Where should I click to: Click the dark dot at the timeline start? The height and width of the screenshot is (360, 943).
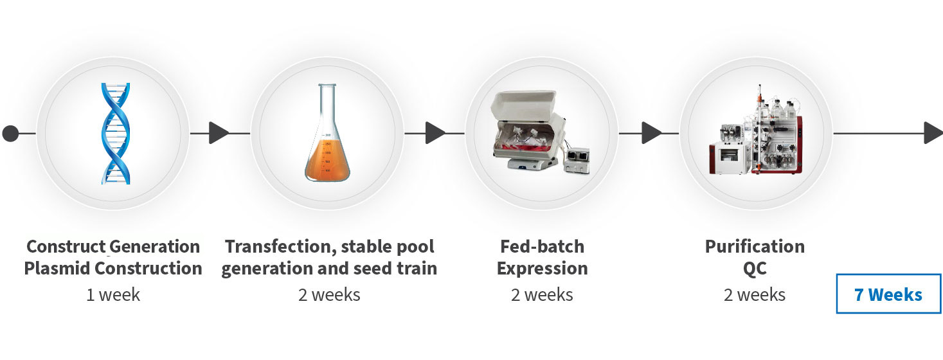pos(10,134)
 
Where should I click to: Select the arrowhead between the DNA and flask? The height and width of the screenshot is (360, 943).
pos(219,134)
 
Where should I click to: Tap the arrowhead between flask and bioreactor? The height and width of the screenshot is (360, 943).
pos(435,134)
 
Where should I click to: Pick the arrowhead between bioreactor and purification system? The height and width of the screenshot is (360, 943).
pos(651,134)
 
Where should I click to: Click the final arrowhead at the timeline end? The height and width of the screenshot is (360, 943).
pos(933,134)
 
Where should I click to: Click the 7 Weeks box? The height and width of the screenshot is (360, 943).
pos(888,294)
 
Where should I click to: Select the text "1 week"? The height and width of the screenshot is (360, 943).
pos(113,295)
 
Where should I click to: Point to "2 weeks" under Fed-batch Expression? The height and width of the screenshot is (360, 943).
pos(542,295)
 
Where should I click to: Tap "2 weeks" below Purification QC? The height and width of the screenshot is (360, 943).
pos(755,295)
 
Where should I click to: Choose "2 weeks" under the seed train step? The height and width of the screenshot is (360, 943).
pos(329,295)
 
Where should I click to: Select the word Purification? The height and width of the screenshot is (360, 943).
pos(755,247)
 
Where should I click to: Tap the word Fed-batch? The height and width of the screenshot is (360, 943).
pos(542,247)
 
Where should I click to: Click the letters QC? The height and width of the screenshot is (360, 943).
pos(755,269)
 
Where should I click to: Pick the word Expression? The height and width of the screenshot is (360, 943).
pos(542,269)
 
